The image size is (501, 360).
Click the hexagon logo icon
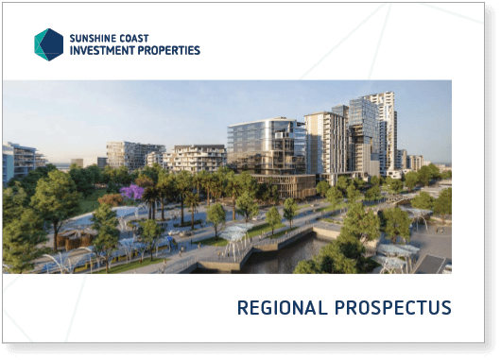48,44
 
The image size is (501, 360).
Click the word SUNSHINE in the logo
89,39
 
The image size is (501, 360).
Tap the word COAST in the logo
130,39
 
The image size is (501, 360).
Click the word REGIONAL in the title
283,308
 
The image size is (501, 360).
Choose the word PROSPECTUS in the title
393,308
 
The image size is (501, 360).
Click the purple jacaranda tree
131,192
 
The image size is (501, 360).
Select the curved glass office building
267,146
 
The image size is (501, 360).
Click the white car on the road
174,232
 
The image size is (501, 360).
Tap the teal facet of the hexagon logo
40,44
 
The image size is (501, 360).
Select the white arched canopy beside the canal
234,238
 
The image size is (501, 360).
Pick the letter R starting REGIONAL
243,308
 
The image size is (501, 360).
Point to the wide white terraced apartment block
195,158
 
